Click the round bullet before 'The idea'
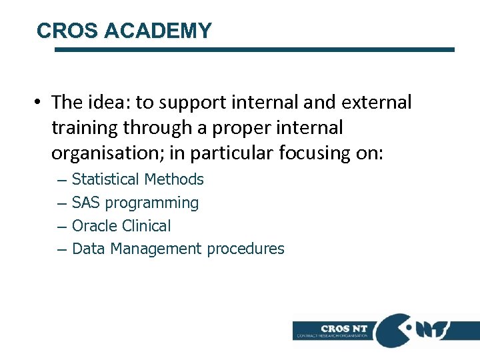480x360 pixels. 41,103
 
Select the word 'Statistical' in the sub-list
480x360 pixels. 105,179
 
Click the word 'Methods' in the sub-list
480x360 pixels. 174,179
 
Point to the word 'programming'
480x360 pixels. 152,203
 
